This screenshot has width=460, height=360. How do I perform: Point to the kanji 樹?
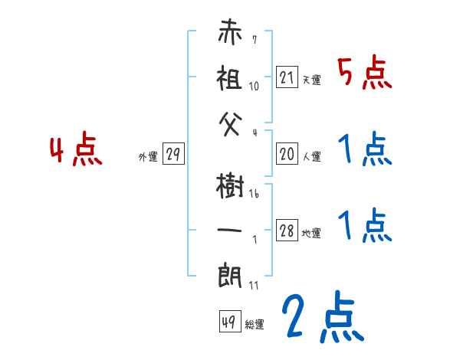[x=231, y=187]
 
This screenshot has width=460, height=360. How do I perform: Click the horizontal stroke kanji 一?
[x=231, y=228]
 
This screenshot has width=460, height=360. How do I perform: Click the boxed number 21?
[x=287, y=77]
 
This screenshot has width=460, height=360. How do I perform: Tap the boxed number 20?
[x=287, y=155]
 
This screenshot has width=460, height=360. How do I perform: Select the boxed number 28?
[x=287, y=231]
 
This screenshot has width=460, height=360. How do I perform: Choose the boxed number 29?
[x=173, y=155]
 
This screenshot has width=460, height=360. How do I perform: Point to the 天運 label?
[x=312, y=80]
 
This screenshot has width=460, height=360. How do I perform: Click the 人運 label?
[x=312, y=157]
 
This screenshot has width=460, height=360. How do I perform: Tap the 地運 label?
[x=312, y=234]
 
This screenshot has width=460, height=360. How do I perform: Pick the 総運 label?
[x=255, y=324]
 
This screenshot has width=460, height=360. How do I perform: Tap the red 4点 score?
[x=75, y=151]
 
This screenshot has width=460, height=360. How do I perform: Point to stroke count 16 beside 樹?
[x=254, y=195]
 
